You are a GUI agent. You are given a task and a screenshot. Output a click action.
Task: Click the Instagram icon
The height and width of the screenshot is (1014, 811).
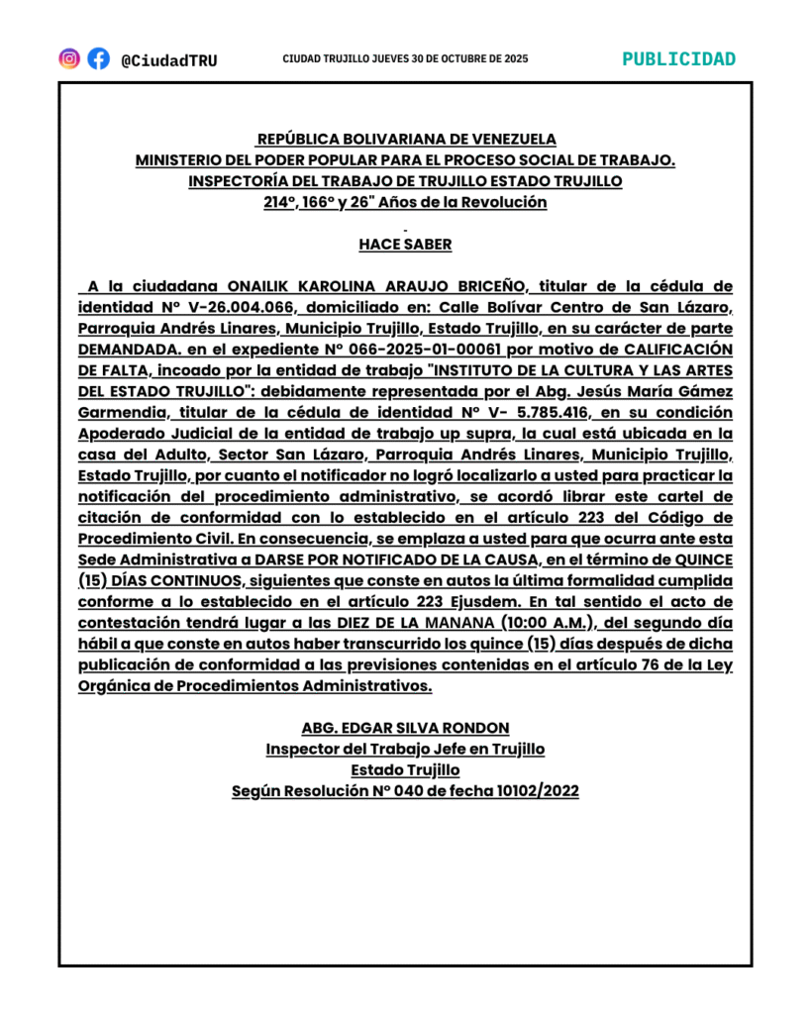click(69, 58)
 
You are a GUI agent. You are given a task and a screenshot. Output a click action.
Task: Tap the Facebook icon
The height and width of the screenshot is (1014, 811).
click(98, 58)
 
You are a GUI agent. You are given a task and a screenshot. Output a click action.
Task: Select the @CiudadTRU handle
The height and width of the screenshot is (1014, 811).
click(168, 59)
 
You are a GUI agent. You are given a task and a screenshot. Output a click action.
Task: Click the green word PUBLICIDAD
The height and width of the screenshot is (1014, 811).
click(678, 58)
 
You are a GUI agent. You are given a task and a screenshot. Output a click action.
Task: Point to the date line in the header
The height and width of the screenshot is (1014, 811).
click(405, 59)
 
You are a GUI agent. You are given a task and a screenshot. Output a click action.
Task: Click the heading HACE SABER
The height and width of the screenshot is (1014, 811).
click(405, 244)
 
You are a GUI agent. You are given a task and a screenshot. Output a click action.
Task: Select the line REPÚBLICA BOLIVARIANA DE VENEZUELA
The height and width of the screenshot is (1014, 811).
click(406, 140)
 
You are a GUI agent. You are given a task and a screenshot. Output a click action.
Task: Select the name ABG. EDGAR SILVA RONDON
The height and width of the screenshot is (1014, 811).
click(405, 728)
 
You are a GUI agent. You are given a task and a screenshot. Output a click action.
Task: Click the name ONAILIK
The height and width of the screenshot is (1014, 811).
click(258, 287)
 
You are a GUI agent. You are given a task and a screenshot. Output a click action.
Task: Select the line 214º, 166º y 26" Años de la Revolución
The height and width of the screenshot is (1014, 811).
click(405, 202)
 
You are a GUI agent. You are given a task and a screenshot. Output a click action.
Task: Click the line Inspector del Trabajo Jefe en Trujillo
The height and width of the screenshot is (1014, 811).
click(405, 749)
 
